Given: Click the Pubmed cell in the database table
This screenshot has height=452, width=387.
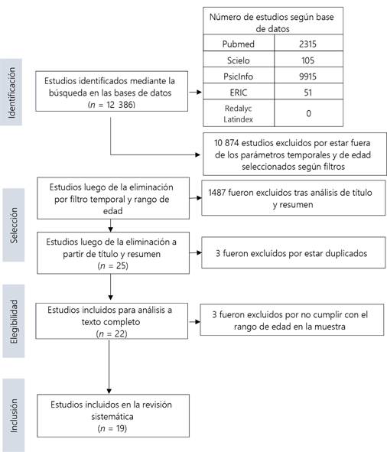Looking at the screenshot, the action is coord(239,44).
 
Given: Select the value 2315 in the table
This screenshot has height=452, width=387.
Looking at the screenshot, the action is coord(307,44).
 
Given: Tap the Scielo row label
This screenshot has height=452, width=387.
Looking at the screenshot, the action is coord(238,60).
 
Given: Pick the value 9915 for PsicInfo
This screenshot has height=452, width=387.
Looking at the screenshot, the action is coord(307,76).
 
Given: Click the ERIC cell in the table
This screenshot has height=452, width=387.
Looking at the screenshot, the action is coord(239,93).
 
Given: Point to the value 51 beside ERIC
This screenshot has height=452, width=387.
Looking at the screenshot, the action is coord(308,93).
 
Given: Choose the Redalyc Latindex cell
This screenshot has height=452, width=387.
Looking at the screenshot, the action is coord(239,113).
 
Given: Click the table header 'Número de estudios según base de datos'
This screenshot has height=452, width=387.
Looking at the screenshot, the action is coord(272,22).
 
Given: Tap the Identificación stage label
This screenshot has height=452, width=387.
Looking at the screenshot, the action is coord(11,93).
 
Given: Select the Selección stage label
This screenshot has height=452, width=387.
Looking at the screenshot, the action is coord(14,225).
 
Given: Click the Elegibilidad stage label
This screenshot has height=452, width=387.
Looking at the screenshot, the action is coord(14,321).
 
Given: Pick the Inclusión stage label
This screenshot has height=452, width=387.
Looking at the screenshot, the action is coord(14,415).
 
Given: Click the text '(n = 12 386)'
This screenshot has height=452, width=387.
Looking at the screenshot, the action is coord(112,104).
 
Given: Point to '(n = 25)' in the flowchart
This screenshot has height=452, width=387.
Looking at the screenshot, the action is coord(112,265).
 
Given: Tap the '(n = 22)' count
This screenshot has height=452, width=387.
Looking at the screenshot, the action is coord(112,333).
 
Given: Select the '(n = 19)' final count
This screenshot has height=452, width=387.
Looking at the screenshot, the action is coord(112,428).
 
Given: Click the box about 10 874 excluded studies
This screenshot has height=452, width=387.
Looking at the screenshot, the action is coord(294,154).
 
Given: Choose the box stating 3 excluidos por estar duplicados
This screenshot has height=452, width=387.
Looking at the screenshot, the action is coord(293,253).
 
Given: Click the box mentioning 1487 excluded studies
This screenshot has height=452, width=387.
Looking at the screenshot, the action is coord(293,198).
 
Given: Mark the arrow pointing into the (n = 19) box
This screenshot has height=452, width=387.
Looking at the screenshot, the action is coord(109,366).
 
